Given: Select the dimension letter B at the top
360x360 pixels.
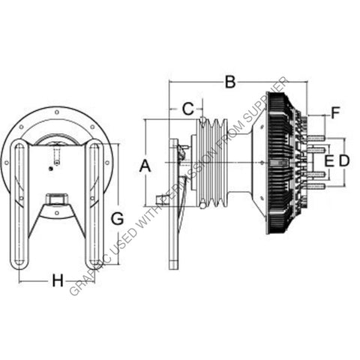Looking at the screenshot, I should [x=231, y=82].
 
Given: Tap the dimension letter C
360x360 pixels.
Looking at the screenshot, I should [x=188, y=109].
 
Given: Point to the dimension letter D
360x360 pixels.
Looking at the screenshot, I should [x=344, y=160].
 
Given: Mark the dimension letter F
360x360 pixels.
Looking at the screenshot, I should [x=335, y=114].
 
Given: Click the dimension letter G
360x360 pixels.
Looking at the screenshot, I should [x=116, y=219].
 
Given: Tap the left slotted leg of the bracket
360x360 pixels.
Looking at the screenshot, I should [x=20, y=202].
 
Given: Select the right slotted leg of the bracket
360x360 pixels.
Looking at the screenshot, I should [x=95, y=202].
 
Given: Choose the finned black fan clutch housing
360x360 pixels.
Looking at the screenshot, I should [x=279, y=165].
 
